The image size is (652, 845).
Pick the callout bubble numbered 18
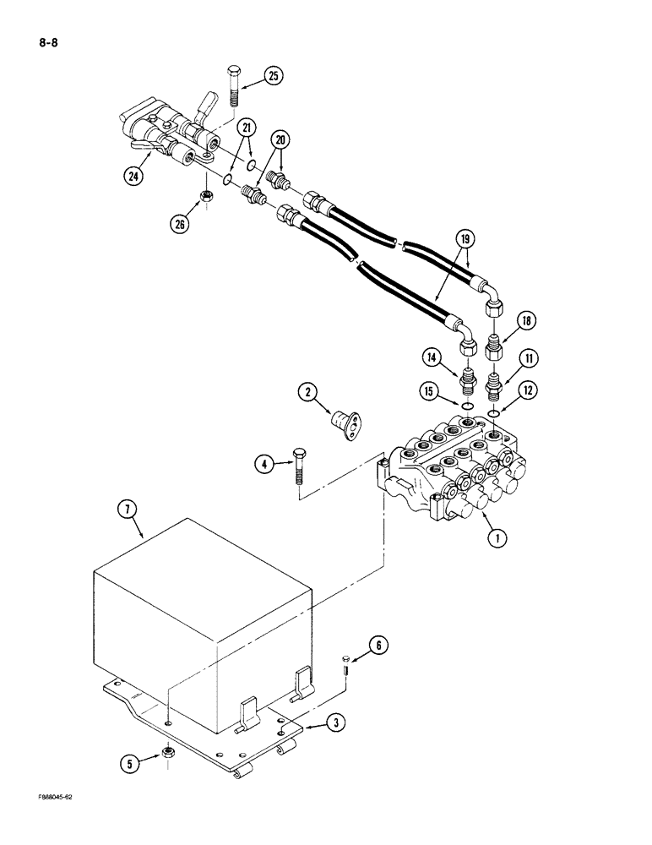(524, 321)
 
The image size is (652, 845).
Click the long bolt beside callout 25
(235, 90)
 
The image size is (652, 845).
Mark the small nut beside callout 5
(168, 750)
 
